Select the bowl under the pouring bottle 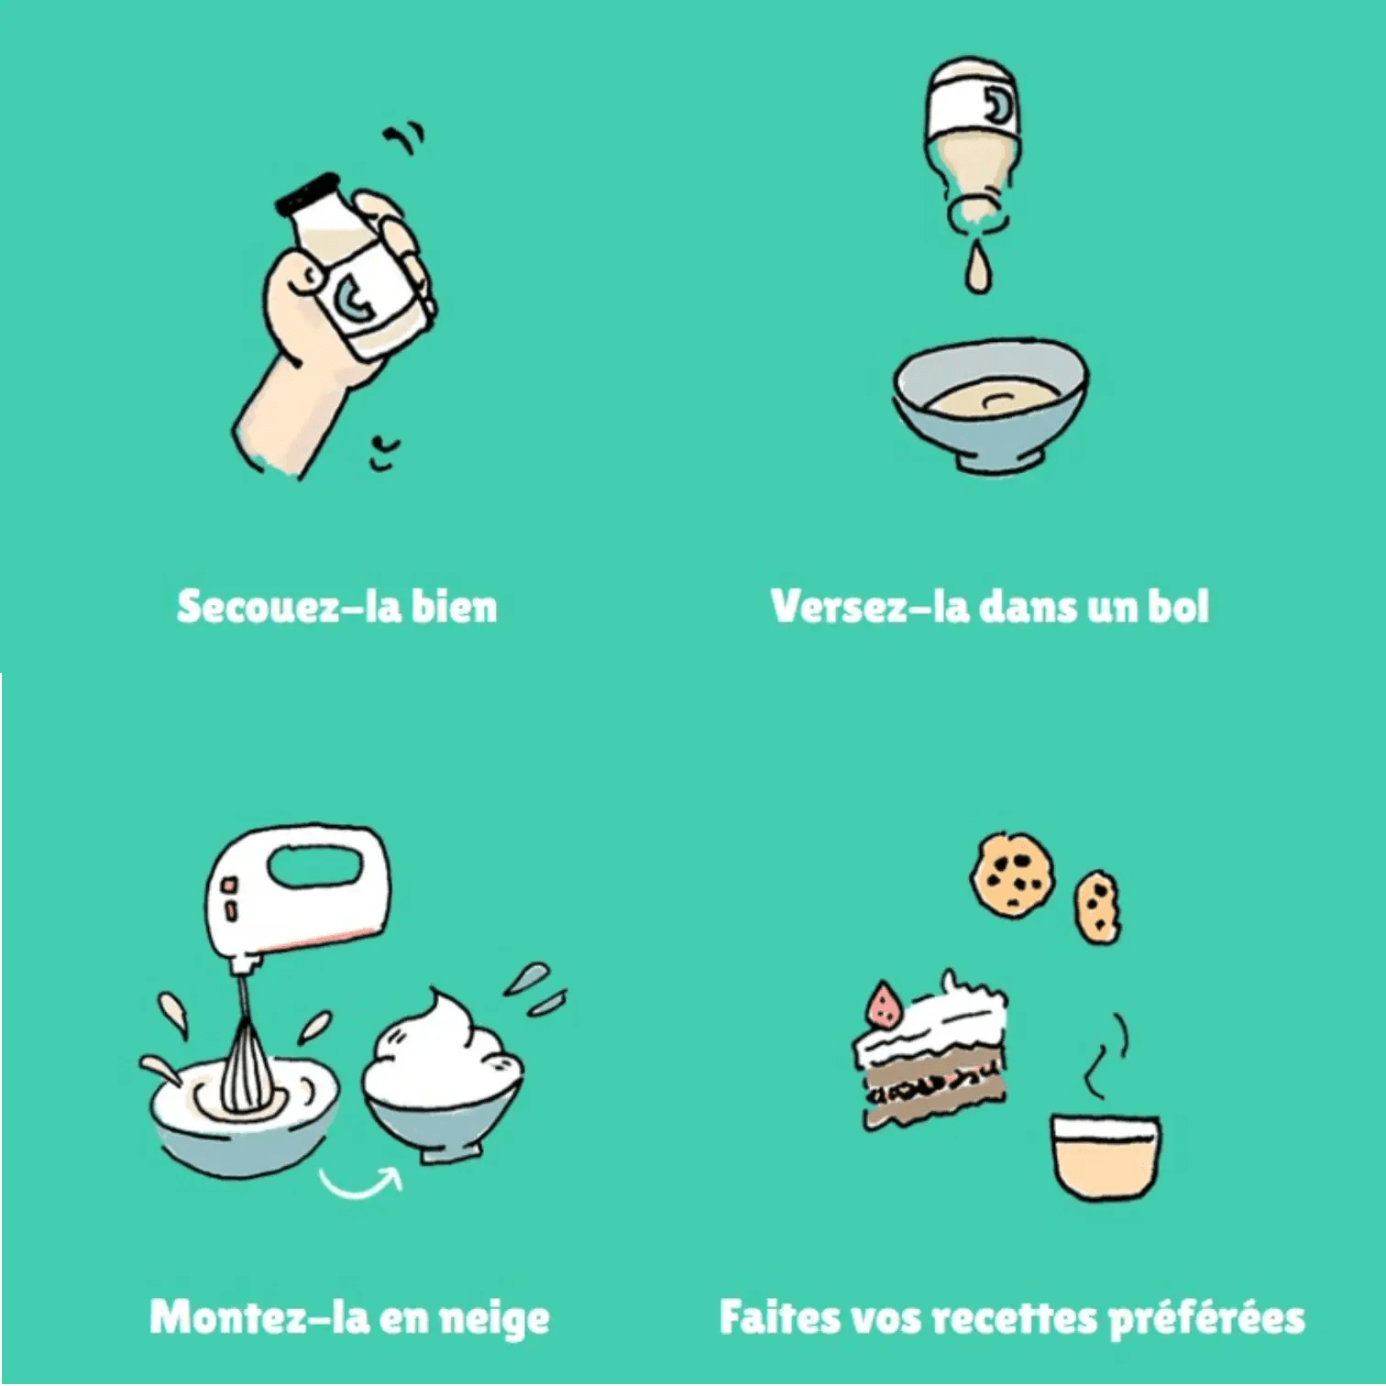(991, 403)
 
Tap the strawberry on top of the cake (885, 1006)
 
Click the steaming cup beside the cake (1105, 1157)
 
